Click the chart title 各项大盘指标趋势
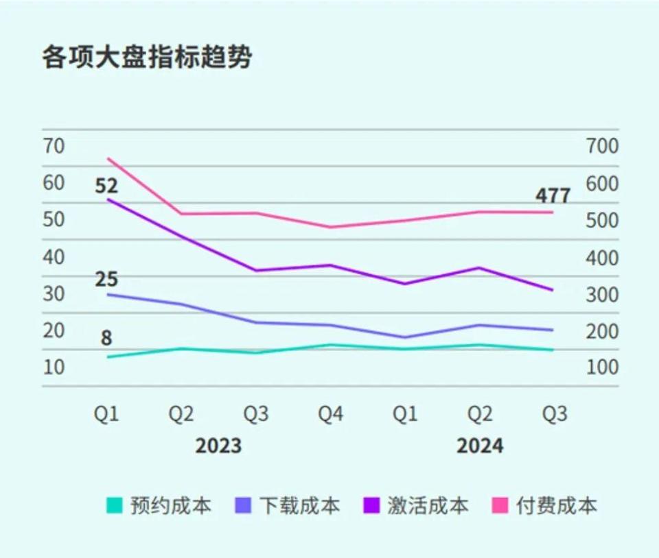pos(146,58)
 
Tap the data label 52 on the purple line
pos(106,186)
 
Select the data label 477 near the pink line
pos(553,196)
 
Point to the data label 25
pos(106,280)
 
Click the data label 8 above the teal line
pos(106,339)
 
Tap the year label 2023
pos(218,446)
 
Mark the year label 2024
pos(480,446)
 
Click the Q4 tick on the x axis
pos(330,415)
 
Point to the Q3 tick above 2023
pos(256,415)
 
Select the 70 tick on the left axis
pos(54,146)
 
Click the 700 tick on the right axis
pos(601,146)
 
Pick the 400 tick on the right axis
pos(601,257)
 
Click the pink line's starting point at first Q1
pos(108,158)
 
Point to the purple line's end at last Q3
pos(553,290)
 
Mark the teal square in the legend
pos(115,506)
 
